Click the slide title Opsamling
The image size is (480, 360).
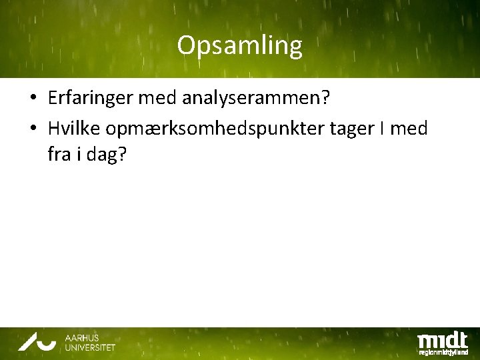click(239, 45)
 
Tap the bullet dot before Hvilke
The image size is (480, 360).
click(33, 128)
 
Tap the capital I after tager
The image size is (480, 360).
click(382, 127)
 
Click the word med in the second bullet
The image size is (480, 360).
click(409, 127)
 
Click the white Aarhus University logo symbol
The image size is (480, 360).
click(38, 343)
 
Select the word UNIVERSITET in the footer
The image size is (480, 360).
click(90, 347)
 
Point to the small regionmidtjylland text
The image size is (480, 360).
click(443, 351)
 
